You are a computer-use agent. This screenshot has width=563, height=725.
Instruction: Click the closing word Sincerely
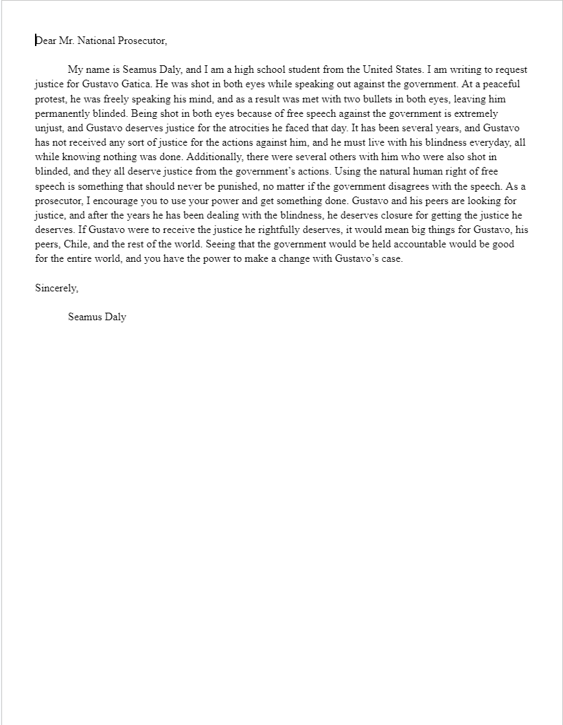[x=56, y=288]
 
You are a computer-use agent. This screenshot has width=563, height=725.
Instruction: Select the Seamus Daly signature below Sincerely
[x=97, y=317]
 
